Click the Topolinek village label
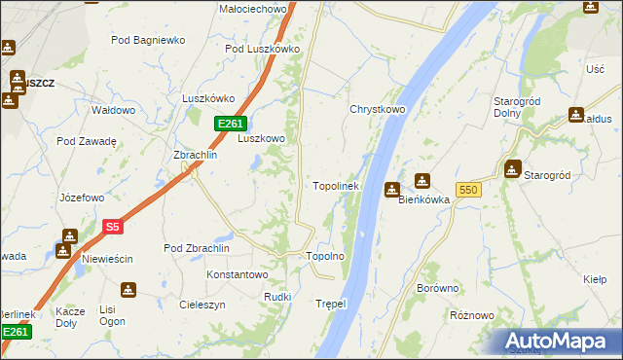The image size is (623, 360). (336, 186)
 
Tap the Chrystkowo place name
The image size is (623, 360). (378, 110)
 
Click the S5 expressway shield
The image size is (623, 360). (113, 227)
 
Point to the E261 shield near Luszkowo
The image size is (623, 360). (230, 123)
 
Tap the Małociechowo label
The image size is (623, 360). (252, 9)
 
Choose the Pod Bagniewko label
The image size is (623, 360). (148, 40)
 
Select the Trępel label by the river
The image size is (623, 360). (331, 304)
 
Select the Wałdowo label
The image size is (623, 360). (113, 111)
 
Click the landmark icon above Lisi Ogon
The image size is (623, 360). (128, 290)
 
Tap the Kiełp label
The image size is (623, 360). (595, 279)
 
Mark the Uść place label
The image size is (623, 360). (596, 69)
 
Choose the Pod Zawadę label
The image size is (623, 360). (87, 141)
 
